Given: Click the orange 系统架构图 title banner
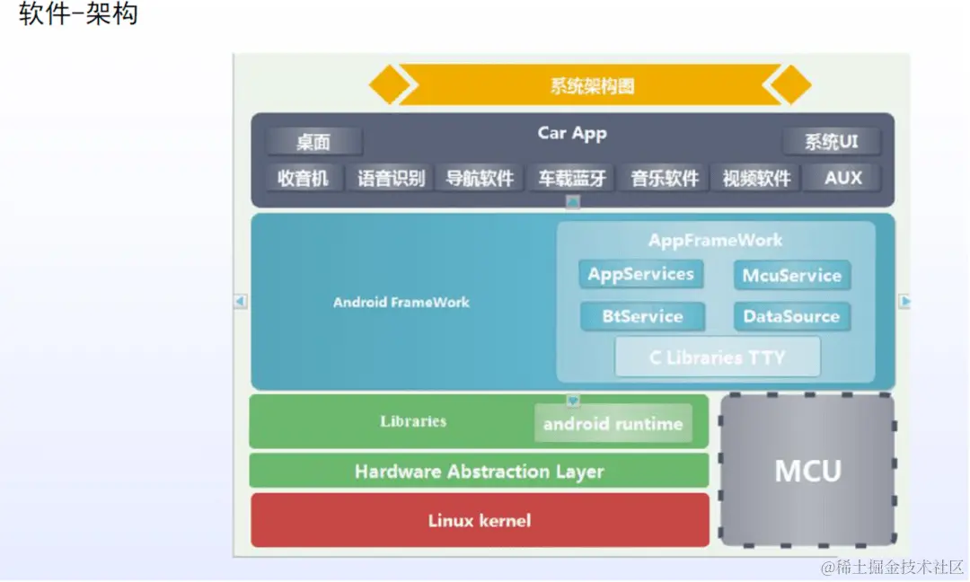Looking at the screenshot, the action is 591,85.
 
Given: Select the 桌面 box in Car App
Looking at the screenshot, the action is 314,142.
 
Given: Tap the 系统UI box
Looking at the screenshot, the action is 831,142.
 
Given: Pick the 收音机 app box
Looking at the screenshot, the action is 303,178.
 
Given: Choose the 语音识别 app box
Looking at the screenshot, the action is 391,178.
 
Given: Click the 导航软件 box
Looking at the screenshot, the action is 480,178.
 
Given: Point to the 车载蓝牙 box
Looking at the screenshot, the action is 572,178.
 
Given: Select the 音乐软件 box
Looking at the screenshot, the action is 665,178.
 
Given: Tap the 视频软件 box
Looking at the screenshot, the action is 756,178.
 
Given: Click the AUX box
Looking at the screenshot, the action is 842,178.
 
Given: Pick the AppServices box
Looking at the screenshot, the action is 640,275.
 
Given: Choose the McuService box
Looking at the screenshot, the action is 791,276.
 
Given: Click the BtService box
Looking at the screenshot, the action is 642,316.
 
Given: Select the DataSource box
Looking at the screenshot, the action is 791,316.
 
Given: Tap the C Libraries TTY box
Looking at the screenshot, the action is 717,357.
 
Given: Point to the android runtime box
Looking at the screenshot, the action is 613,424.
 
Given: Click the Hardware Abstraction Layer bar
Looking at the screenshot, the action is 479,472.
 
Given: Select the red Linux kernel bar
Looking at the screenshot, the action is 479,520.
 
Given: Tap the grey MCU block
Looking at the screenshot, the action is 807,471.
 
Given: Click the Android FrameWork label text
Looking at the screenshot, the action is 401,302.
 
